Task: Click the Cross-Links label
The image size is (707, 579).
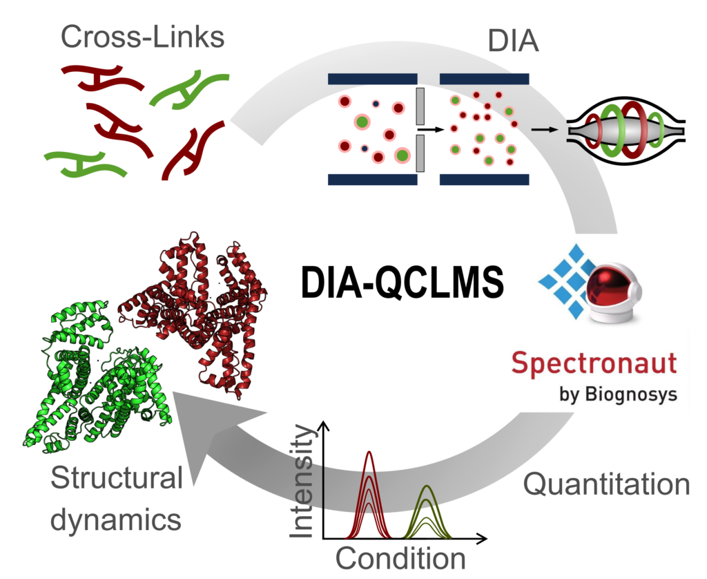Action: [142, 37]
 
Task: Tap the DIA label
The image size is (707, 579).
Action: [513, 41]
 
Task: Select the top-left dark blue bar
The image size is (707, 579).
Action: [372, 79]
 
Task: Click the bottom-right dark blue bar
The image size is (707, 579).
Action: [484, 180]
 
